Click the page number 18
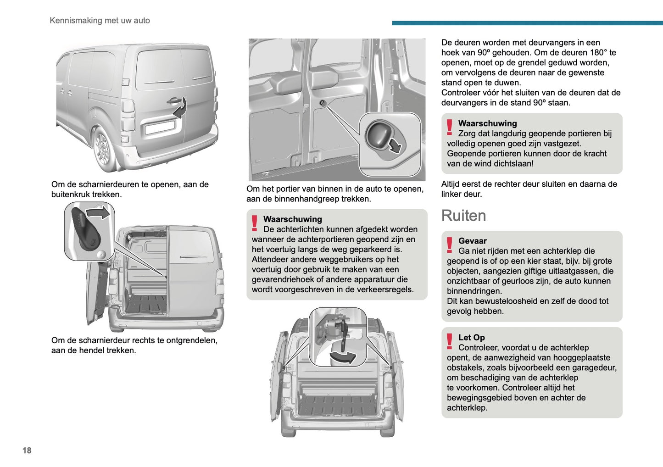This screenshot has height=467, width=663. (27, 450)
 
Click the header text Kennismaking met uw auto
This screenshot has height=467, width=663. (100, 20)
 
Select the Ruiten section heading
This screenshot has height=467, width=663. (463, 216)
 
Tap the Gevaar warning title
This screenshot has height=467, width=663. (472, 241)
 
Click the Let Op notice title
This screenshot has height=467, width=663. (471, 337)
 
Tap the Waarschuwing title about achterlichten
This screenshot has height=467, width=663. (292, 219)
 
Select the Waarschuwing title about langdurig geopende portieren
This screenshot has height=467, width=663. (487, 123)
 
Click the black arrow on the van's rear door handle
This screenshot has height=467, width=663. (180, 108)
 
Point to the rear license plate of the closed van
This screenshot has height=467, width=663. (160, 127)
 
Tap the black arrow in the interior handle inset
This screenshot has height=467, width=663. (394, 146)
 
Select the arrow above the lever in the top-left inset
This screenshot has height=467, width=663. (99, 212)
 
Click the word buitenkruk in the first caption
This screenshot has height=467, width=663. (73, 195)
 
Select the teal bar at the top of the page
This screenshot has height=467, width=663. (527, 22)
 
